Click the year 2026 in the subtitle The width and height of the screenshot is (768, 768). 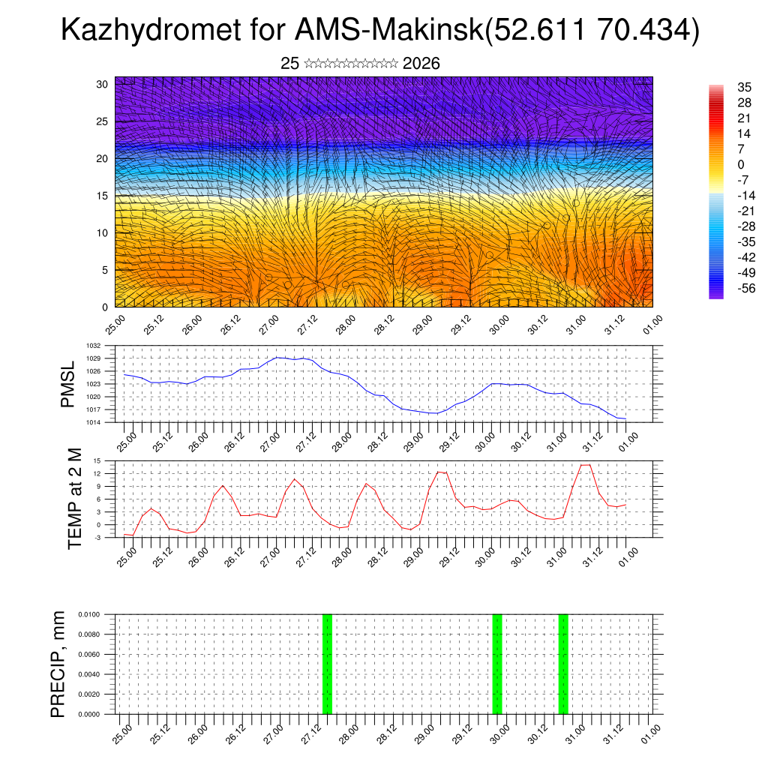click(421, 64)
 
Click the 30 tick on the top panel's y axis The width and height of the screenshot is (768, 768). click(103, 84)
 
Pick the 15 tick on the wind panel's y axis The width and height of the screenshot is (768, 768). click(103, 196)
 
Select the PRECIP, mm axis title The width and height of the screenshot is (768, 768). click(58, 664)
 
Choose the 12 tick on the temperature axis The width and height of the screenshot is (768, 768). click(97, 474)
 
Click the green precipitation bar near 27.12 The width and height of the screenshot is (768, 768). click(327, 664)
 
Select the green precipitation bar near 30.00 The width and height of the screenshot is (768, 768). click(496, 664)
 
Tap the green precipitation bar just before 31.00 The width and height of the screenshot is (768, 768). click(563, 664)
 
